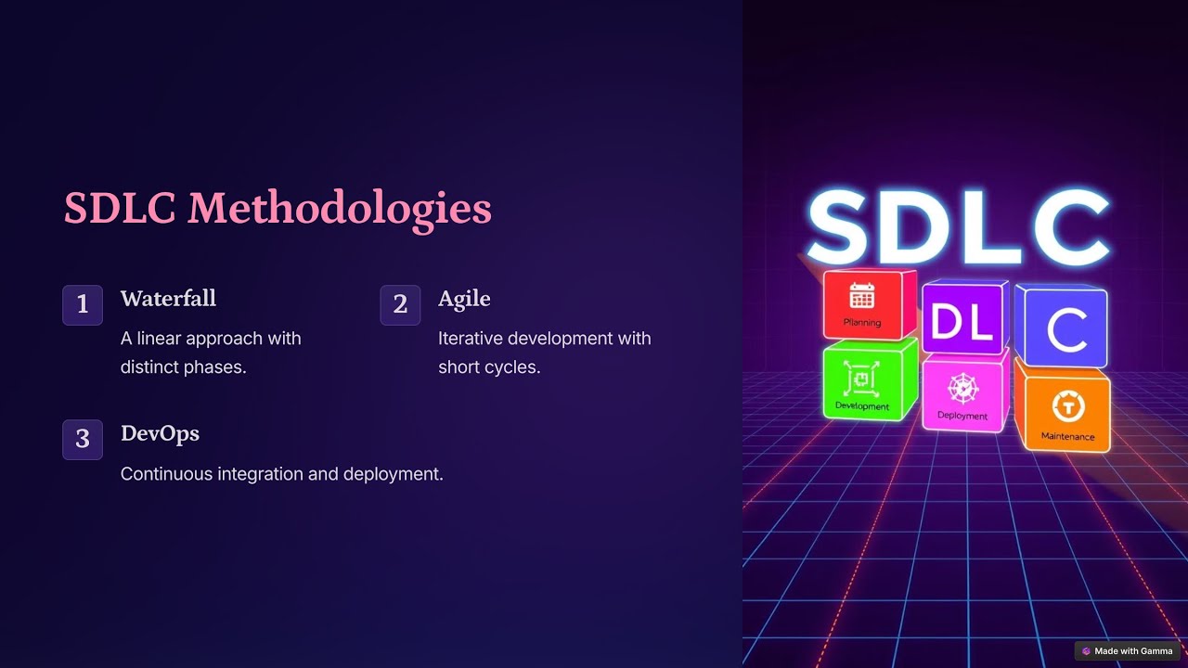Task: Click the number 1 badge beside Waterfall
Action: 83,304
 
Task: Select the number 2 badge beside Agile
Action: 400,304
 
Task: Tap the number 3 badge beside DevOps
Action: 83,439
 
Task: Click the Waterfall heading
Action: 168,299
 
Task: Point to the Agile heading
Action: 464,299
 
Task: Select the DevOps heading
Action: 160,433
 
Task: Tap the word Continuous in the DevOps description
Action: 166,473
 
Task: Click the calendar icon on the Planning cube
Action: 862,296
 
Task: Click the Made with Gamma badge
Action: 1128,651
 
